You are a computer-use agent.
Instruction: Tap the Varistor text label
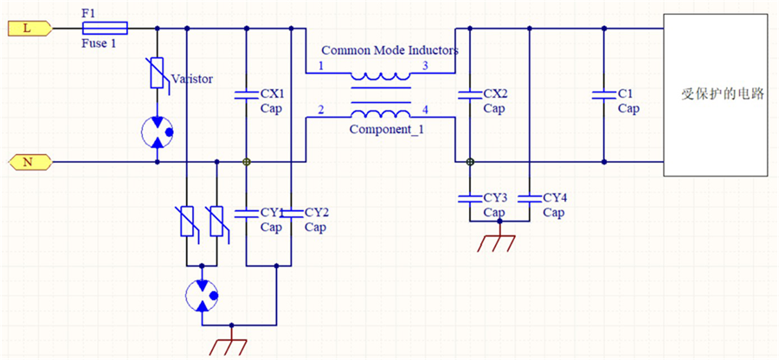(x=192, y=79)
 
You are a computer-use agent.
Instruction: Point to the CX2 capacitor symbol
(x=468, y=96)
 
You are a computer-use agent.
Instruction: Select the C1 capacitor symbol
(x=602, y=96)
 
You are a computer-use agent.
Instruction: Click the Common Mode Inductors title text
(x=389, y=51)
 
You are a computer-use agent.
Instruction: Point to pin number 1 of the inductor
(x=322, y=67)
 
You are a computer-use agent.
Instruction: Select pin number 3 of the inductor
(x=424, y=67)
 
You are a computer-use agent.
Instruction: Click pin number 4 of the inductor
(x=424, y=110)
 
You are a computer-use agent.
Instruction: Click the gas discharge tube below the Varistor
(x=156, y=132)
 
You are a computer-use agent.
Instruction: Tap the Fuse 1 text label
(x=99, y=43)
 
